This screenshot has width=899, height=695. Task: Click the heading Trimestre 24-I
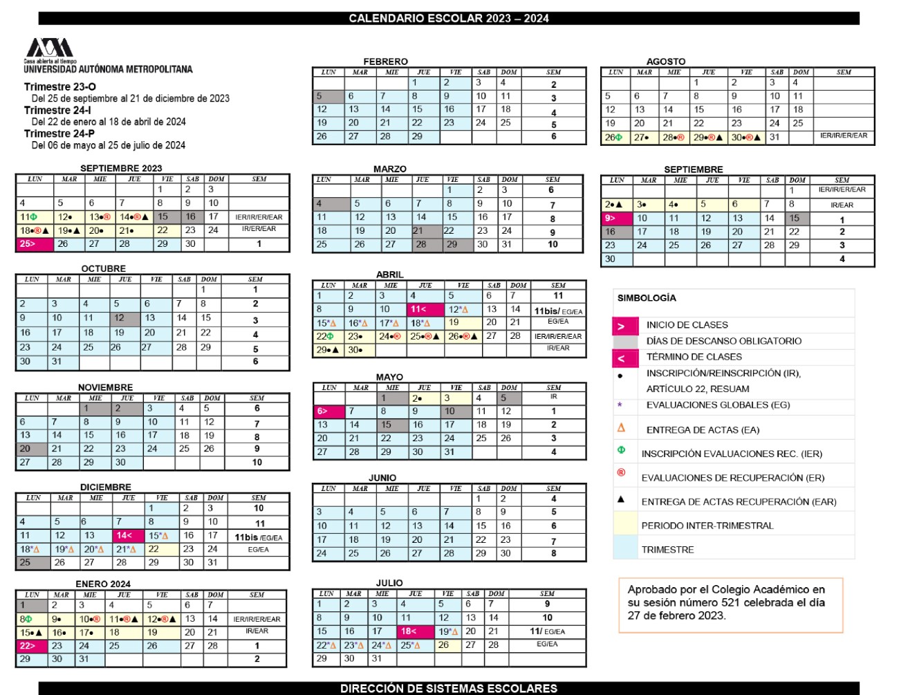point(57,110)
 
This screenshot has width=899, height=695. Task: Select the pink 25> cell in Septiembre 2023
point(34,244)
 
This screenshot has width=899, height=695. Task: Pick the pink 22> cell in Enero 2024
point(32,646)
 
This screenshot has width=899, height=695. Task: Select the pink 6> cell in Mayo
point(328,411)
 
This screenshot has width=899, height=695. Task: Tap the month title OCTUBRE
point(104,268)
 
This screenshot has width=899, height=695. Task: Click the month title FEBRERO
point(386,62)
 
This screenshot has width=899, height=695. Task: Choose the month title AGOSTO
point(666,62)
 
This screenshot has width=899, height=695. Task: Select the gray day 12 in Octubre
point(124,318)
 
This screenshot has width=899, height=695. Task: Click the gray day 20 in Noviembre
point(30,448)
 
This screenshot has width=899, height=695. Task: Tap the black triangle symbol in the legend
point(621,499)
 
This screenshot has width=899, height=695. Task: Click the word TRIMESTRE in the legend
point(667,550)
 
